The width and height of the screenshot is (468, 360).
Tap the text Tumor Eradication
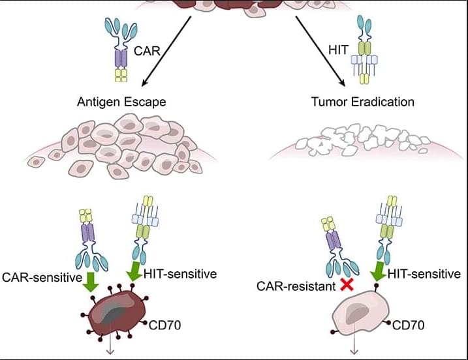pyautogui.click(x=364, y=102)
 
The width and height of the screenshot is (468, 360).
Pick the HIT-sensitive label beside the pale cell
pyautogui.click(x=424, y=275)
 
